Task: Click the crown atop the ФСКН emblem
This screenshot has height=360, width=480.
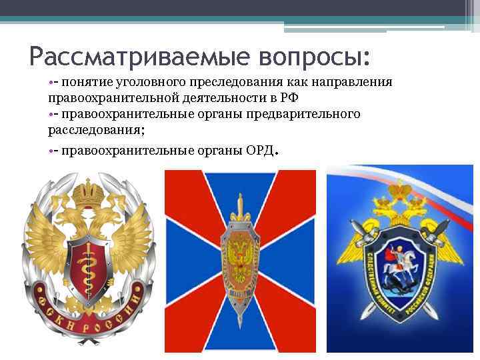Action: tap(85, 193)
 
